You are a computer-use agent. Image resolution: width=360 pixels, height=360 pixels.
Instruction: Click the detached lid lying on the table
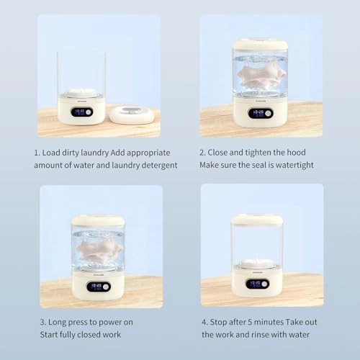pos(132,114)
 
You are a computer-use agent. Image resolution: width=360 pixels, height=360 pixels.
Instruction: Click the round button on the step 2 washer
pos(268,113)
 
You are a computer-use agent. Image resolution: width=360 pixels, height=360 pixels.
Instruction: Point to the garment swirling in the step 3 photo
pos(99,250)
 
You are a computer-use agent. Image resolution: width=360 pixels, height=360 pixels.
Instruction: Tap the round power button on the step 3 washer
pos(106,287)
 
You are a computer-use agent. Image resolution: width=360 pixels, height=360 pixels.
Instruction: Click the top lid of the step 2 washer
pos(261,45)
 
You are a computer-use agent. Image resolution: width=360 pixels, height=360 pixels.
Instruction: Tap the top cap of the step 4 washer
pos(257,219)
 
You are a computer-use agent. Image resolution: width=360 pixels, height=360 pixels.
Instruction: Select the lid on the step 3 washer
pos(98,220)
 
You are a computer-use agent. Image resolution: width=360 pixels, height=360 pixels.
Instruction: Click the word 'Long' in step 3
pos(58,323)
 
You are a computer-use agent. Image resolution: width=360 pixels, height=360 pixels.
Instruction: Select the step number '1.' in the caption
pos(37,153)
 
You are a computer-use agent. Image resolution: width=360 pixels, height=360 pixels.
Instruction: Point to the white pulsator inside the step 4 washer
pos(256,263)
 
